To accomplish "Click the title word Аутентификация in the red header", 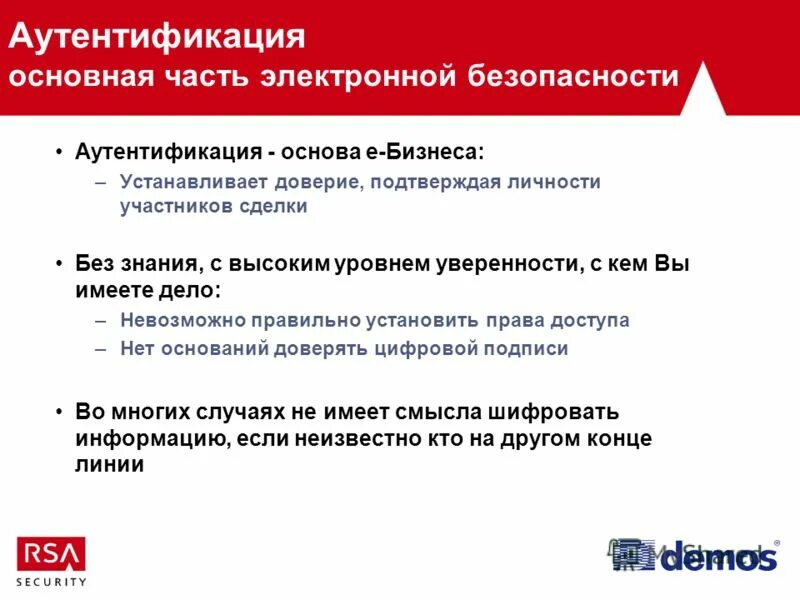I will pos(156,37).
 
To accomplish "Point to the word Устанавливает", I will pos(186,182).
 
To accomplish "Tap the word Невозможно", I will pos(177,320).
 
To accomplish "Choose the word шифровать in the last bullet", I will pos(554,412).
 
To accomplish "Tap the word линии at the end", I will pos(110,464).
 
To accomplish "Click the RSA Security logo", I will pos(51,561).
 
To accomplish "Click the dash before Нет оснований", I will pos(100,348).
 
